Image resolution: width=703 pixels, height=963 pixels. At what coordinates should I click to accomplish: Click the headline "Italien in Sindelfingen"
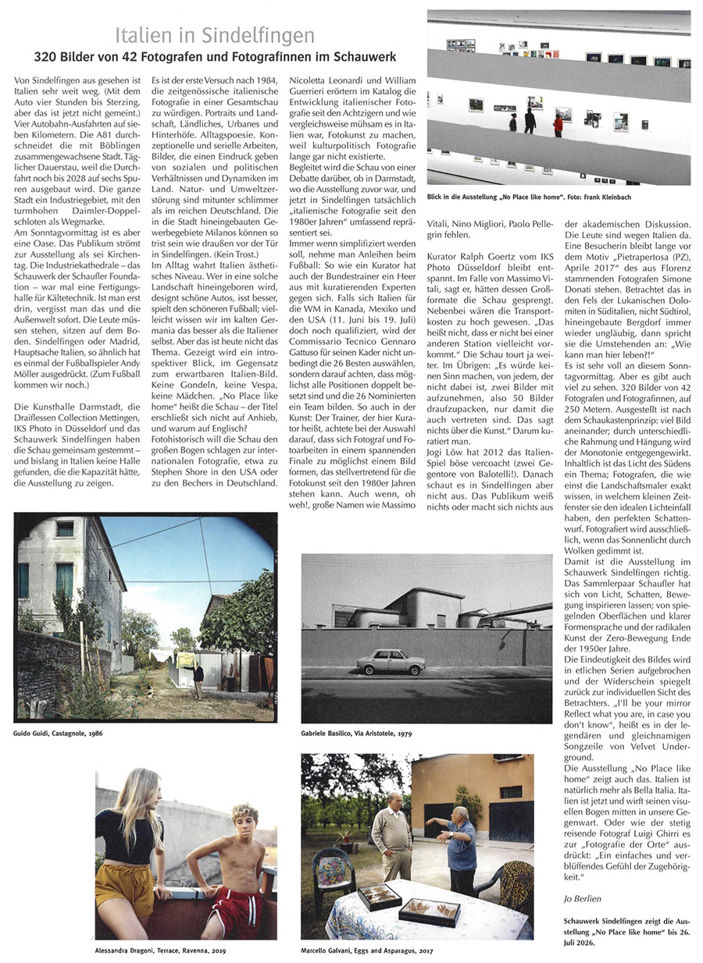[215, 35]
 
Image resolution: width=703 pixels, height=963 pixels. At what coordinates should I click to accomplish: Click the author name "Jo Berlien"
[582, 898]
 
